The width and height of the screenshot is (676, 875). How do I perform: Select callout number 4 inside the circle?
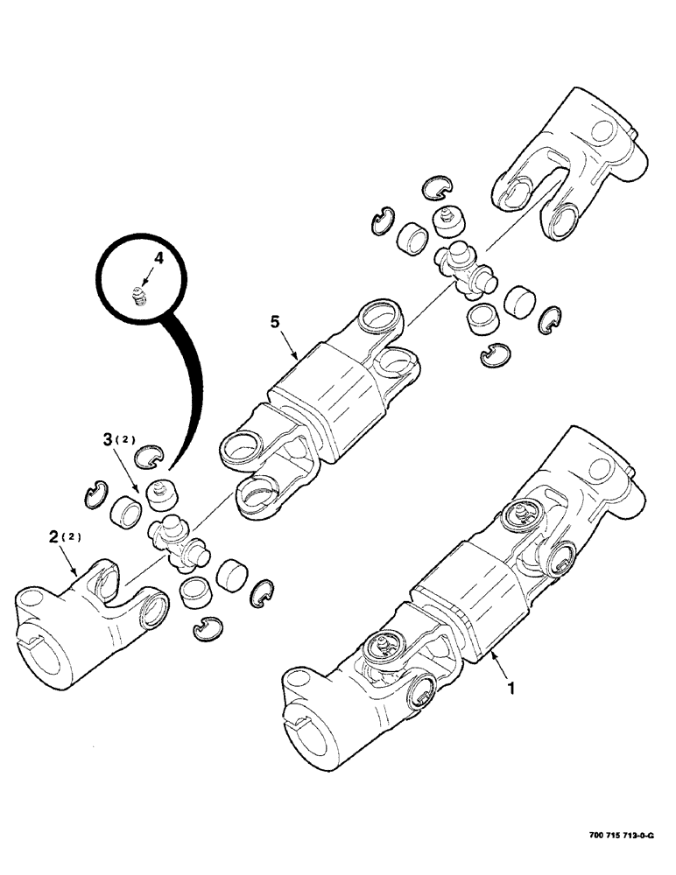click(x=158, y=258)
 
